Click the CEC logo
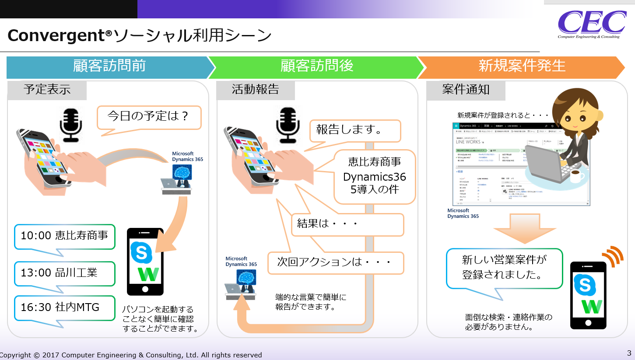pos(591,24)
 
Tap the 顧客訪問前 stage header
pos(109,66)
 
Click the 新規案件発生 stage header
pos(522,66)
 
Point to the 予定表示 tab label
pos(47,90)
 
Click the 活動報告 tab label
pos(256,90)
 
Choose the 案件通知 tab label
pos(466,90)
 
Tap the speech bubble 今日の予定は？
pos(148,116)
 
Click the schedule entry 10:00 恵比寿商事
pos(64,236)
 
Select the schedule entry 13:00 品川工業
pos(64,273)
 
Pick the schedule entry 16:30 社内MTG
pos(64,307)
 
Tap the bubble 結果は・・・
pos(347,224)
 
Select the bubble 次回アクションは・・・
pos(335,262)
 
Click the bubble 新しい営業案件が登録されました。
pos(504,268)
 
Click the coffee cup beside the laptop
pos(576,177)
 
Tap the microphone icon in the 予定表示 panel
pos(71,125)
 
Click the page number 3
pos(629,353)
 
